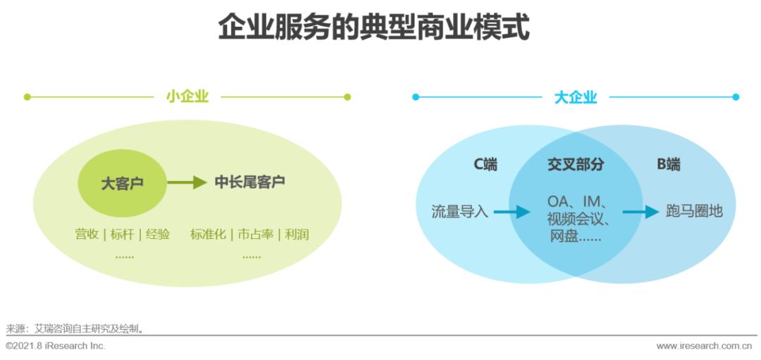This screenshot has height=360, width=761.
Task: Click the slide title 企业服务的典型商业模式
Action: point(373,28)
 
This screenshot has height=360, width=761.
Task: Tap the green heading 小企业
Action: point(187,97)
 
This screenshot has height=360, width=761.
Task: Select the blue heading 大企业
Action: point(575,97)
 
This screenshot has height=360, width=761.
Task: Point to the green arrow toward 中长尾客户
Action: point(187,183)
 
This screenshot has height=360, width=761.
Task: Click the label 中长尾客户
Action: point(249,182)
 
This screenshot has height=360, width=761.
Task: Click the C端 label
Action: point(485,166)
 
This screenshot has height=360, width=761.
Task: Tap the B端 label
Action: point(668,166)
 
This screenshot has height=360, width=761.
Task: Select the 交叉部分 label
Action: point(576,166)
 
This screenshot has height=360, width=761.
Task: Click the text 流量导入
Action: point(459,211)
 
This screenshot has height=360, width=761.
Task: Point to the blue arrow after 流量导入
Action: point(512,211)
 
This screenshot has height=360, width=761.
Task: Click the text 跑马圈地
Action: point(694,211)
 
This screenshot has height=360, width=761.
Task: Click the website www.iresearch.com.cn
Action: point(704,346)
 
